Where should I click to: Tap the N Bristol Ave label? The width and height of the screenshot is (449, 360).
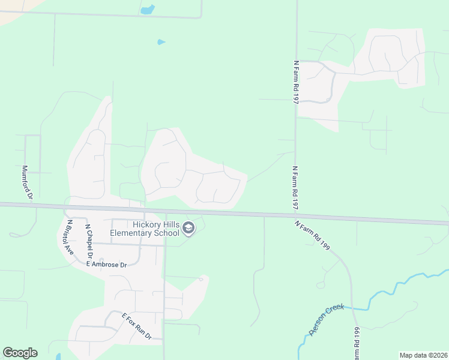click(70, 237)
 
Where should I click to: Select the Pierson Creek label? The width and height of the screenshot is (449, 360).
click(326, 319)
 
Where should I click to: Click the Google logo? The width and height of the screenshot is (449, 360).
click(20, 353)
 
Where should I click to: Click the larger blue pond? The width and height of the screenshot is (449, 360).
click(147, 10)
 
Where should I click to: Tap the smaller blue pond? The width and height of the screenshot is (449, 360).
click(160, 42)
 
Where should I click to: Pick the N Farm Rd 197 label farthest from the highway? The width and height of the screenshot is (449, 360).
click(296, 82)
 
